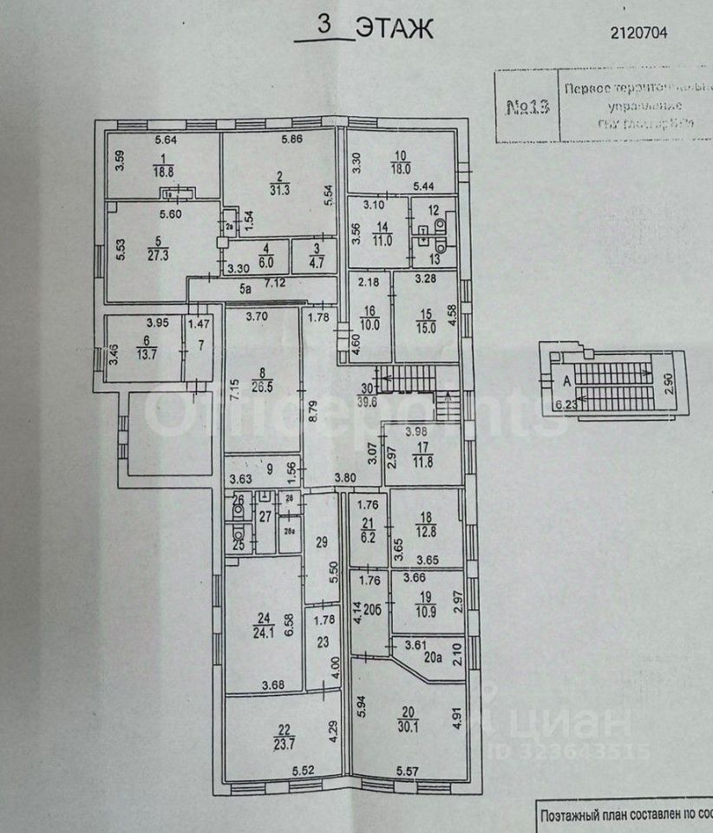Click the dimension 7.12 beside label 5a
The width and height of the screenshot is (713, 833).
[x=274, y=283]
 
